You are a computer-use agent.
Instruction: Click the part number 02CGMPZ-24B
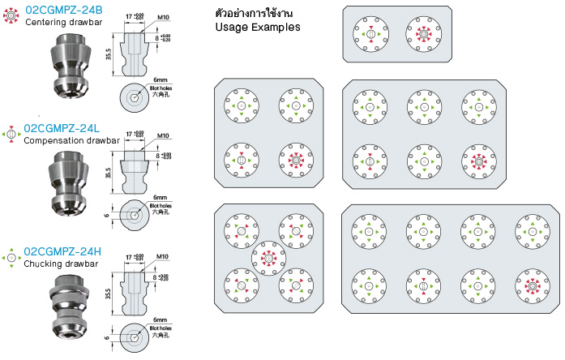click(x=63, y=10)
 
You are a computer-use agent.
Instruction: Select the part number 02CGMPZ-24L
click(x=63, y=128)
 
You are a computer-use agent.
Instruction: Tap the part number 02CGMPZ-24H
click(x=63, y=251)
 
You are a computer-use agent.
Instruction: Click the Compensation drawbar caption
click(x=71, y=140)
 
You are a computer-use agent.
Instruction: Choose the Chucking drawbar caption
click(x=62, y=264)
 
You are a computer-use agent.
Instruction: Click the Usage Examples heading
click(x=257, y=27)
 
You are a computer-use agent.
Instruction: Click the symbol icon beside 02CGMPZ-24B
click(x=11, y=14)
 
